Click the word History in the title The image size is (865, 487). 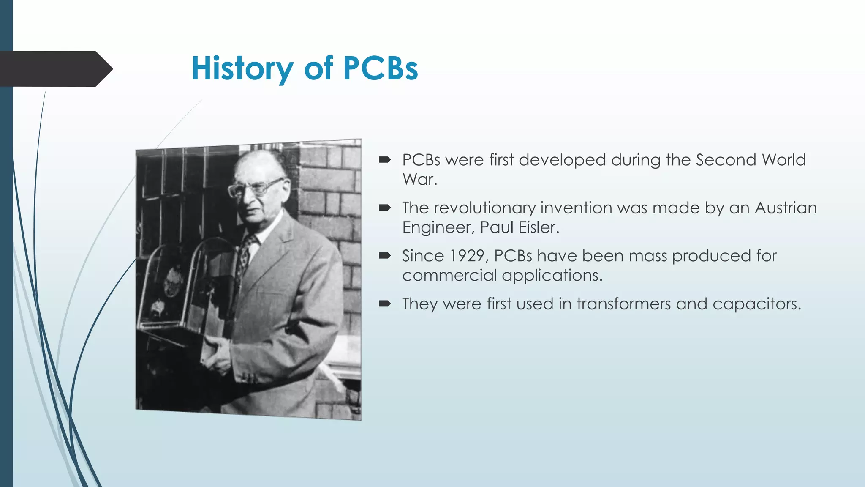coord(242,68)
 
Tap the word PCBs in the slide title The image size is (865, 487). coord(380,68)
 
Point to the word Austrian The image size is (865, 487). coord(786,208)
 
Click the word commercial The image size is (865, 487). coord(449,276)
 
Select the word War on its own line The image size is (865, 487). coord(419,180)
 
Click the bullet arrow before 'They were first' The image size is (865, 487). coord(385,304)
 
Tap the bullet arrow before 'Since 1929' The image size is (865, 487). coord(385,255)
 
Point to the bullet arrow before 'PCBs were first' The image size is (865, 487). coord(385,160)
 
